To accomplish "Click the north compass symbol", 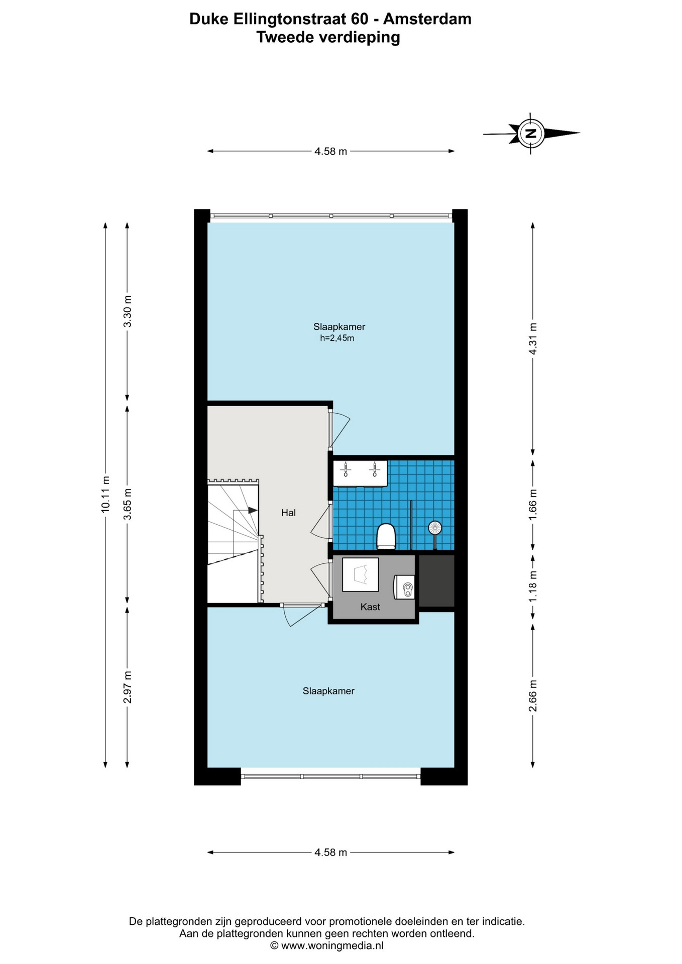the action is [531, 133].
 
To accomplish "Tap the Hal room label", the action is [288, 513].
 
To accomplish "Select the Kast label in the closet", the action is [370, 607].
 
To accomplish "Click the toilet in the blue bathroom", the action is [386, 536].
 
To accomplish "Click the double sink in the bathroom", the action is [360, 473].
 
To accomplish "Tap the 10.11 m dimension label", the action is [105, 494].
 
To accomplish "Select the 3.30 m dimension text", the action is [128, 311].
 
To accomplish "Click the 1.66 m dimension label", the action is [533, 504].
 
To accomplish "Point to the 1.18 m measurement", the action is [533, 587].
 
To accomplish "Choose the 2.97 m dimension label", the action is [128, 687].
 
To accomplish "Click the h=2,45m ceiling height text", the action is [337, 338].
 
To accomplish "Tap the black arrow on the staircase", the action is [253, 510].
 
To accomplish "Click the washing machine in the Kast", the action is [361, 574].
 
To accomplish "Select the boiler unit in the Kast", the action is [404, 587].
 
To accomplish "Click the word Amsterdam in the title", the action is [427, 19].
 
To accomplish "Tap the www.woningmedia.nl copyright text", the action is [327, 945].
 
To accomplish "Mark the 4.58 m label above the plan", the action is [331, 151].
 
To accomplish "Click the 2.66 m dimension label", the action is [533, 695].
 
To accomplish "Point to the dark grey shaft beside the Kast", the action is [436, 581].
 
